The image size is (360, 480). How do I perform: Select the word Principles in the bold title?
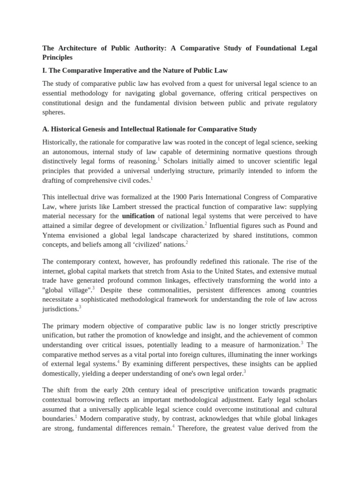58,57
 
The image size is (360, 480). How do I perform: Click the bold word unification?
138,216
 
